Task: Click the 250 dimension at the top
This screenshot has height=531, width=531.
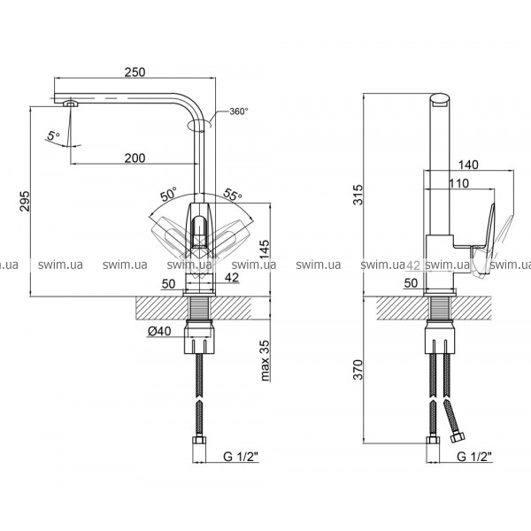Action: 135,73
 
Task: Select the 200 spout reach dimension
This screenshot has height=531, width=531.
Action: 135,158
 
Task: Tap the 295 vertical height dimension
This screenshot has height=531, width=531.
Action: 25,201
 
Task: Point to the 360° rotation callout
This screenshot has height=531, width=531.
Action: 239,112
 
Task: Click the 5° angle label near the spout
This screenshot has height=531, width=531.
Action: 53,135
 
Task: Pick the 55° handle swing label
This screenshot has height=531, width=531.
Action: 233,194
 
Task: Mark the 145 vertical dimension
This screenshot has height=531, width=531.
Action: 265,250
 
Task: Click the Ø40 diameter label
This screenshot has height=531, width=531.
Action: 159,331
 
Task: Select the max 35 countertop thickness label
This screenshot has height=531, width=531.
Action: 265,361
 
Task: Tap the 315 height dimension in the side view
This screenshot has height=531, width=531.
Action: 358,195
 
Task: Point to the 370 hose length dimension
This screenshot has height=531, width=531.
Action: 358,369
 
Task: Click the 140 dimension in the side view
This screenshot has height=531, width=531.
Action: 468,165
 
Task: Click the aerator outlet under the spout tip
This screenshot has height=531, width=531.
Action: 71,103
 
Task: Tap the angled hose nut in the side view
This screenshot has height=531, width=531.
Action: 458,436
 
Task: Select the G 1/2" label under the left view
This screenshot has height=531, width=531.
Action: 241,457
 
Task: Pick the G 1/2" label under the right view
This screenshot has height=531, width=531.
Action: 474,457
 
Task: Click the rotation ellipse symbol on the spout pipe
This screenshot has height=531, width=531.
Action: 200,124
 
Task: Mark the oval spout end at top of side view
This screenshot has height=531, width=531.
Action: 440,99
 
